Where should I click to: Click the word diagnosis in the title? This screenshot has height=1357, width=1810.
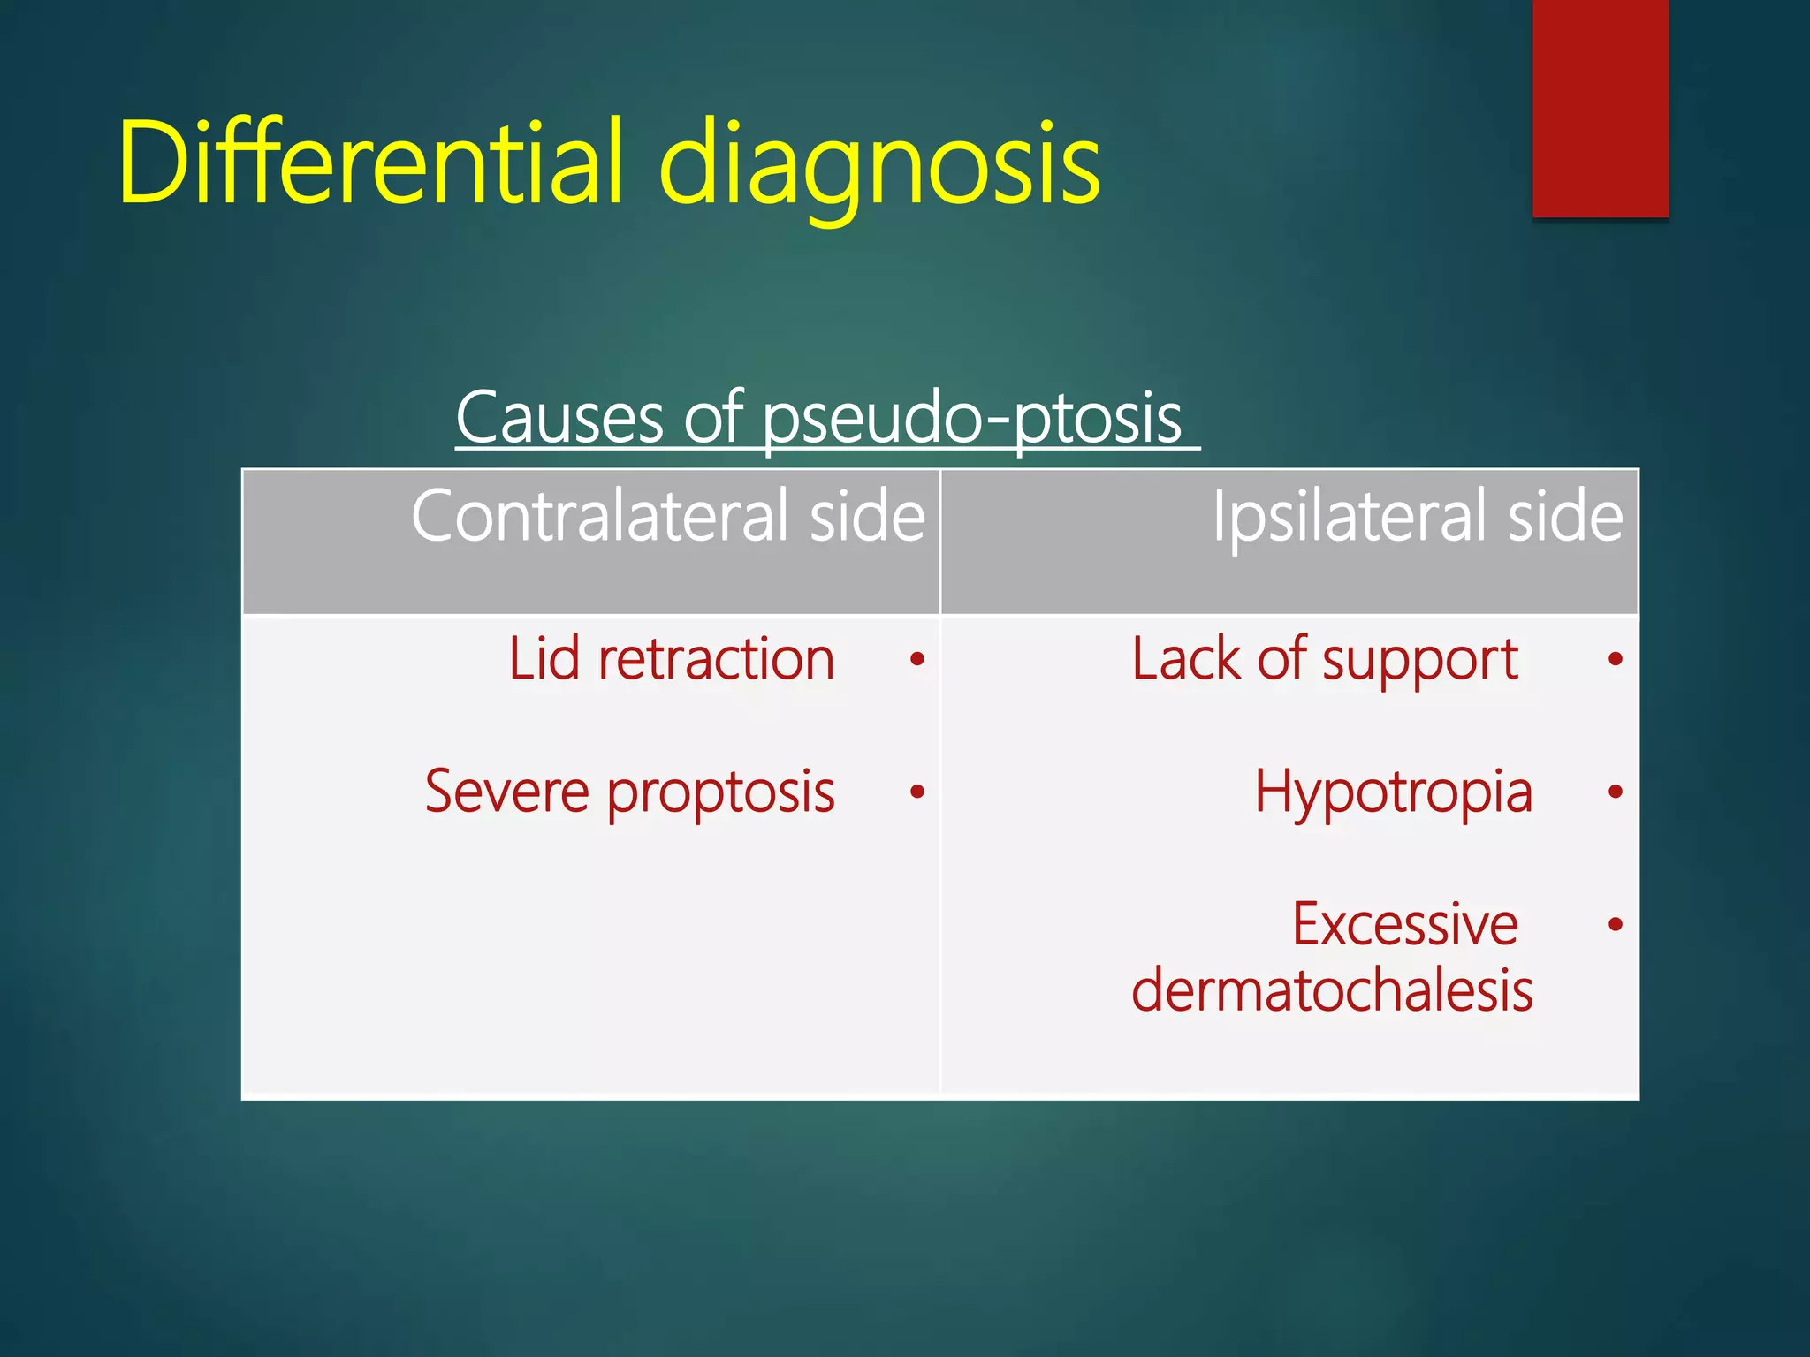click(879, 168)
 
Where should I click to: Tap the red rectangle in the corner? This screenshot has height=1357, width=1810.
click(1600, 108)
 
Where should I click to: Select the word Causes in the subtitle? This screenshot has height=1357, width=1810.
click(559, 418)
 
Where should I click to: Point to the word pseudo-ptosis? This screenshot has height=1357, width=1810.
click(972, 420)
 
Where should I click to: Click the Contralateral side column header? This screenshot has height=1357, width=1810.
click(668, 516)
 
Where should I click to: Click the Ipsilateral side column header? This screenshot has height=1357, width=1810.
click(1418, 516)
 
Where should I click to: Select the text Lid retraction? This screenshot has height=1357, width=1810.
click(672, 659)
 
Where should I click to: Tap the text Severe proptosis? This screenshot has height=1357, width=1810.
click(629, 792)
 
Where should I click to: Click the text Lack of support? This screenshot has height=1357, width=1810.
click(1324, 659)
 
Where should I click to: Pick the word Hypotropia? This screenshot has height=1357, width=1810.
click(1393, 792)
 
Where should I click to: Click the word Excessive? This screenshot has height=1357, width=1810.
click(1405, 924)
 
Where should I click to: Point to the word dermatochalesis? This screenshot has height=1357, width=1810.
click(1332, 990)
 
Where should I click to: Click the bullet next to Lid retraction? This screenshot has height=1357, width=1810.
click(917, 659)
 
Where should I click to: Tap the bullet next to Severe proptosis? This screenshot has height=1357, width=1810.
click(917, 792)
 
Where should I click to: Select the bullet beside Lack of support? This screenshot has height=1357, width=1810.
click(1616, 659)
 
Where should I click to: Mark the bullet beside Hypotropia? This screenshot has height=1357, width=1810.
click(1616, 792)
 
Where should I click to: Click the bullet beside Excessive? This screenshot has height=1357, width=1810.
click(1616, 924)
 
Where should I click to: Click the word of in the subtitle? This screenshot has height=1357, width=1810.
click(712, 418)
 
